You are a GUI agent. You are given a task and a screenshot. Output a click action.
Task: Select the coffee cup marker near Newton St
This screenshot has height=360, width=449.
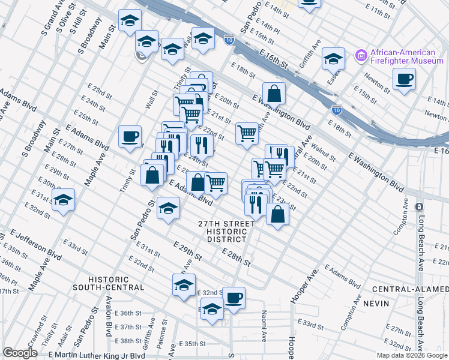pos(404,79)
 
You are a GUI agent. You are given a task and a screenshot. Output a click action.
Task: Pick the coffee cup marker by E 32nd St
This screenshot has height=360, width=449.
pos(234,296)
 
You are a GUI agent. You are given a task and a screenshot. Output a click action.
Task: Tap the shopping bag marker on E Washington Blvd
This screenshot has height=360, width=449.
pos(274,94)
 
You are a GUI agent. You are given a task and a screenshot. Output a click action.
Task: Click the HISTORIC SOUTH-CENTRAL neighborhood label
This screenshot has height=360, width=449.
pos(116,283)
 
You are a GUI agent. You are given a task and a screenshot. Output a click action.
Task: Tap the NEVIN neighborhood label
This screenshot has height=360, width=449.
pos(376,304)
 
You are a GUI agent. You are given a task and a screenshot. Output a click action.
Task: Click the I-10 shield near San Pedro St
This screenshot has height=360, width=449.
pos(229,40)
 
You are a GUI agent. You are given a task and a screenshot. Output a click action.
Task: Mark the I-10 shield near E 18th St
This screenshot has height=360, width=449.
pos(337,110)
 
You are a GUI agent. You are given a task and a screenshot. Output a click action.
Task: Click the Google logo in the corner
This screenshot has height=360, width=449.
pos(20,353)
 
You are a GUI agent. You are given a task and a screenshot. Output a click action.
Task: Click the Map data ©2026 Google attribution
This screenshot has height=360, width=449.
pos(411,355)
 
